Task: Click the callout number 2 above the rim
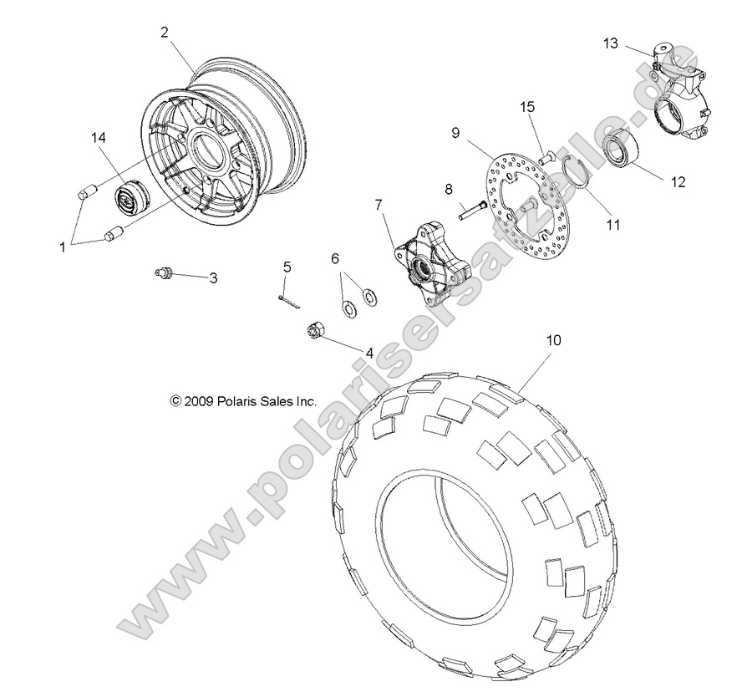coord(165,33)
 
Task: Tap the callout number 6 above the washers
coord(335,259)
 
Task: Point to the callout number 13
coord(611,43)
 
